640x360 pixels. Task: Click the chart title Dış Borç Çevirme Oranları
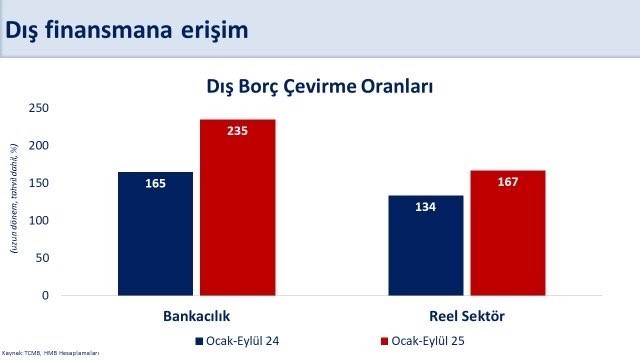pos(319,87)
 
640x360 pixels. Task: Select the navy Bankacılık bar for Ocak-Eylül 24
pos(155,234)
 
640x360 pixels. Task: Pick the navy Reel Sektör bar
pos(426,246)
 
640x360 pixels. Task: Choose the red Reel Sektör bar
pos(508,233)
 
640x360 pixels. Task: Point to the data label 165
pos(155,183)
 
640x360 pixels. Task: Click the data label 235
pos(237,131)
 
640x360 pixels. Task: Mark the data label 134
pos(426,207)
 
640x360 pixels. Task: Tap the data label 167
pos(508,182)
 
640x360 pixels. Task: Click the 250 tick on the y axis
pos(41,108)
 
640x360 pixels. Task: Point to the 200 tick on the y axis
pos(41,146)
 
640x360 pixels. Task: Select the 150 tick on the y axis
pos(41,183)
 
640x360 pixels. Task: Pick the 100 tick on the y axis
pos(41,221)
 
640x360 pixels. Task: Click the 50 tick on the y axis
pos(44,258)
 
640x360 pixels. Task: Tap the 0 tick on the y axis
pos(47,296)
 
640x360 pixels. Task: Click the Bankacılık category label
pos(196,316)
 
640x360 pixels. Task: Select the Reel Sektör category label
pos(467,316)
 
